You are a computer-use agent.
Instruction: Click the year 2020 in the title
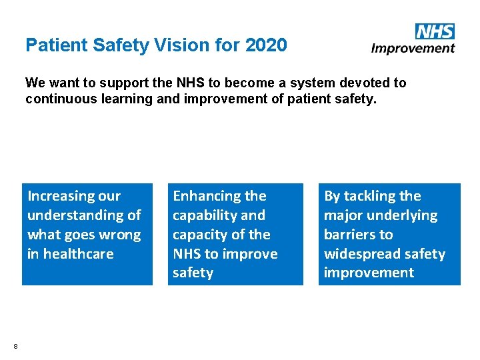click(266, 45)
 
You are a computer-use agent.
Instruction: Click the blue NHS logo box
click(435, 31)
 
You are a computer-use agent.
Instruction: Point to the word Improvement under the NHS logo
click(413, 48)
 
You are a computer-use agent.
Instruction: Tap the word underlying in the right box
click(405, 215)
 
